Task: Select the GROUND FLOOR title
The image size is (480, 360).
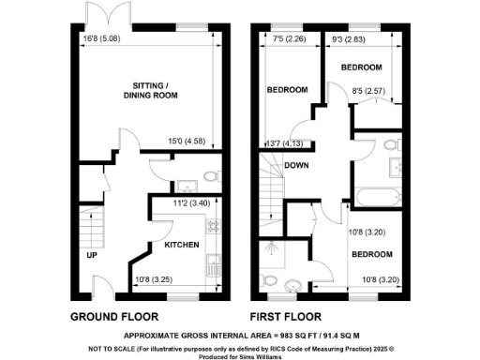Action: pyautogui.click(x=114, y=316)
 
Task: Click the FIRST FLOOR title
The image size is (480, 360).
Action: pyautogui.click(x=291, y=316)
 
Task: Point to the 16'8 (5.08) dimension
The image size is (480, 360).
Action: pyautogui.click(x=101, y=39)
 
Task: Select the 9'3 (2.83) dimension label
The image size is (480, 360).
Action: pyautogui.click(x=348, y=40)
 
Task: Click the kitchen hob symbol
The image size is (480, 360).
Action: pyautogui.click(x=212, y=226)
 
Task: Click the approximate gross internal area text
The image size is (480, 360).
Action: pyautogui.click(x=241, y=334)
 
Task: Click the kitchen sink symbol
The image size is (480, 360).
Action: pyautogui.click(x=214, y=265)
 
